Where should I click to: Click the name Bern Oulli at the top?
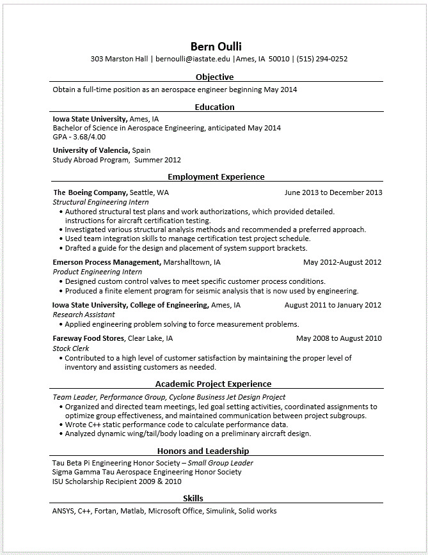click(x=216, y=46)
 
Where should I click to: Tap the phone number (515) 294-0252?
click(x=322, y=59)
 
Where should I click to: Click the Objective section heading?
click(x=214, y=77)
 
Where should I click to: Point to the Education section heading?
click(x=214, y=107)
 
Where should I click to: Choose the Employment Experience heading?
click(x=216, y=176)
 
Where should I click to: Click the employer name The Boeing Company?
click(x=90, y=192)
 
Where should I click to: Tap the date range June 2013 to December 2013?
click(x=333, y=192)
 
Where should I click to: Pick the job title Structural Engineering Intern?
click(x=100, y=202)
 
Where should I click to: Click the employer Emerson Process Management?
click(x=106, y=262)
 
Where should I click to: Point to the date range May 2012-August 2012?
click(x=342, y=262)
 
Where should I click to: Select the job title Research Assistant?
click(x=84, y=315)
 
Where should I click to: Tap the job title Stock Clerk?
click(x=70, y=348)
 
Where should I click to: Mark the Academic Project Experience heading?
click(x=213, y=384)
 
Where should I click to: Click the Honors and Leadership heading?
click(x=203, y=451)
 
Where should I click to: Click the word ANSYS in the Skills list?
click(x=63, y=511)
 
